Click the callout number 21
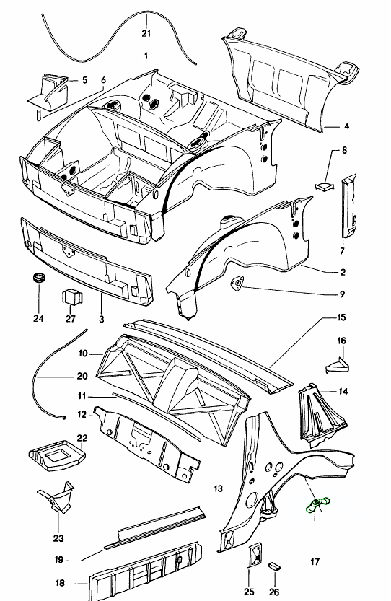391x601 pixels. [x=146, y=34]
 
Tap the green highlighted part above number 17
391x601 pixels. [x=317, y=504]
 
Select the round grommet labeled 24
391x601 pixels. [x=38, y=278]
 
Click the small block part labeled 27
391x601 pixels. [x=72, y=297]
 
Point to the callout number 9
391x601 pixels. [x=343, y=294]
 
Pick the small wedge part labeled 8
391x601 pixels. [x=324, y=186]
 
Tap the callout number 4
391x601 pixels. [x=346, y=126]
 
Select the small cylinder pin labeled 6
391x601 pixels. [x=39, y=114]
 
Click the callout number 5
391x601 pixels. [x=84, y=80]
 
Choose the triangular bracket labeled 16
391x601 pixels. [x=338, y=364]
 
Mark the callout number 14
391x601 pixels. [x=343, y=391]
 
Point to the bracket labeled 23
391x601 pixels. [x=57, y=498]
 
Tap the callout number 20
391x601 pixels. [x=82, y=377]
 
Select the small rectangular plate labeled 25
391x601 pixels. [x=255, y=554]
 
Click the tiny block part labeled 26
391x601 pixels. [x=274, y=566]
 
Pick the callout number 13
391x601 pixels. [x=218, y=488]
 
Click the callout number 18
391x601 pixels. [x=60, y=584]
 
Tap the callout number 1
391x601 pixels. [x=146, y=56]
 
